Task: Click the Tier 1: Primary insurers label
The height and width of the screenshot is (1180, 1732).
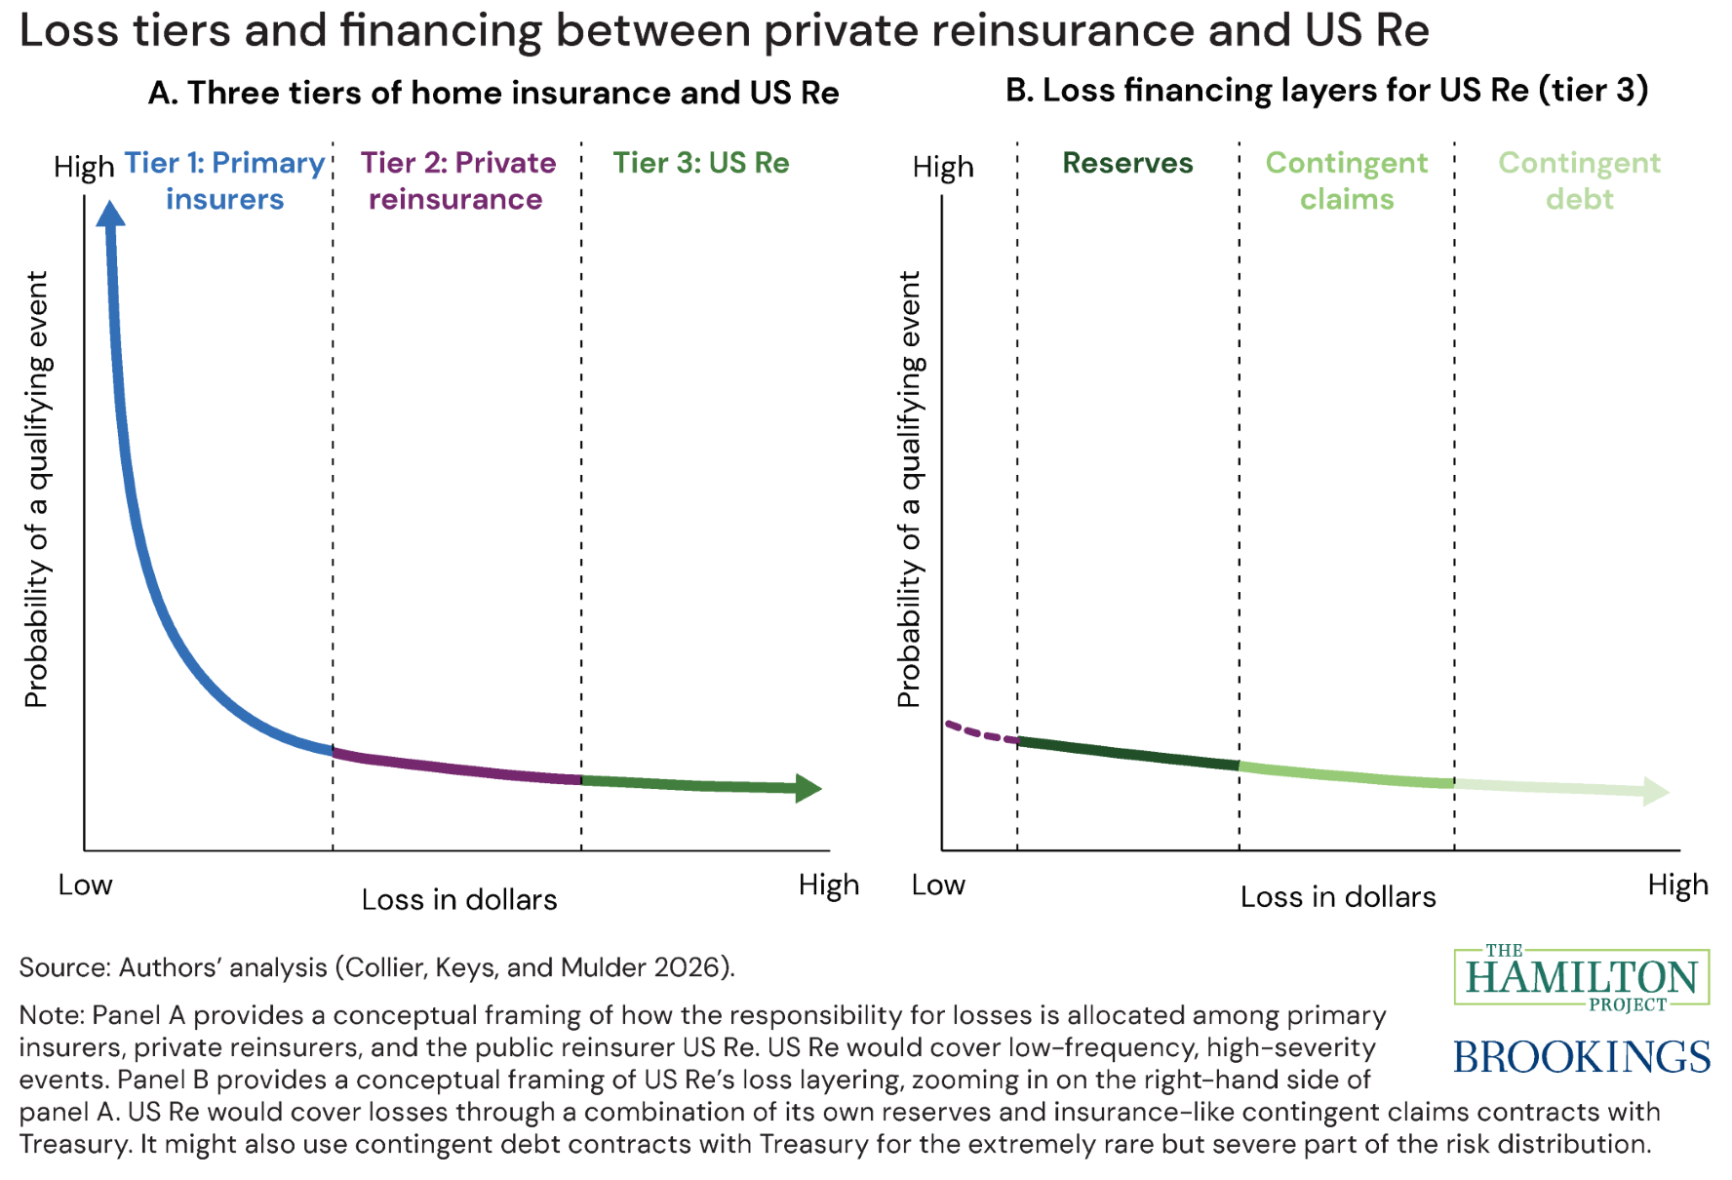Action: coord(224,180)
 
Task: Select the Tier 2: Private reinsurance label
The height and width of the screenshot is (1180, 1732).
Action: coord(457,180)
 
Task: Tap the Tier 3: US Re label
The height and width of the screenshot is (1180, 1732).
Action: coord(700,163)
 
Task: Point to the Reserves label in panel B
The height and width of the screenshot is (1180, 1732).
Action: coord(1127,163)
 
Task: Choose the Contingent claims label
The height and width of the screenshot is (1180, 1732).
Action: coord(1346,180)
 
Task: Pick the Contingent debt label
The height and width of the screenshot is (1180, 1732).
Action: coord(1579,180)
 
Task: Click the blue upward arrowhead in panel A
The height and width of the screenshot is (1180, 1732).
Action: coord(110,214)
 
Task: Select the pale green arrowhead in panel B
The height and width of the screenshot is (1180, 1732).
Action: coord(1655,791)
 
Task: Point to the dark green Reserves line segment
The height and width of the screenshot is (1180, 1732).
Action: coord(1127,753)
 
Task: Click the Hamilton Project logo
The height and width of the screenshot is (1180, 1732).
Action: coord(1581,977)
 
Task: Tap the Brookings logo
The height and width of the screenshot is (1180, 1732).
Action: coord(1581,1057)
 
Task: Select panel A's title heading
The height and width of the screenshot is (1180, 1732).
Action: coord(493,93)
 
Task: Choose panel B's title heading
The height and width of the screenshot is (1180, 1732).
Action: coord(1326,90)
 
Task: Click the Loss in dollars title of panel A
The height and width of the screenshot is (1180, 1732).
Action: coord(458,899)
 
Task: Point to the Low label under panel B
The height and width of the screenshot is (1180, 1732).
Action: coord(937,885)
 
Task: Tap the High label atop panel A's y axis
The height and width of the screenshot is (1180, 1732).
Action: coord(84,167)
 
